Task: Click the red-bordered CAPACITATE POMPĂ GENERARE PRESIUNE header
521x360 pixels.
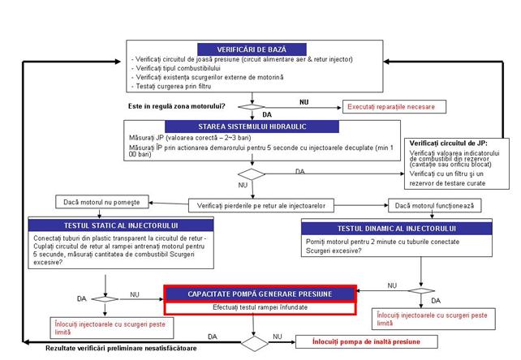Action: [x=259, y=294]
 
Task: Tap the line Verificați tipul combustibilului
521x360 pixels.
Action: [x=170, y=69]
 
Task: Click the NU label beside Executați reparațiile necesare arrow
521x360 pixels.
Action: [x=304, y=103]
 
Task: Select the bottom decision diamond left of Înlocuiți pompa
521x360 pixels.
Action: [x=255, y=342]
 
